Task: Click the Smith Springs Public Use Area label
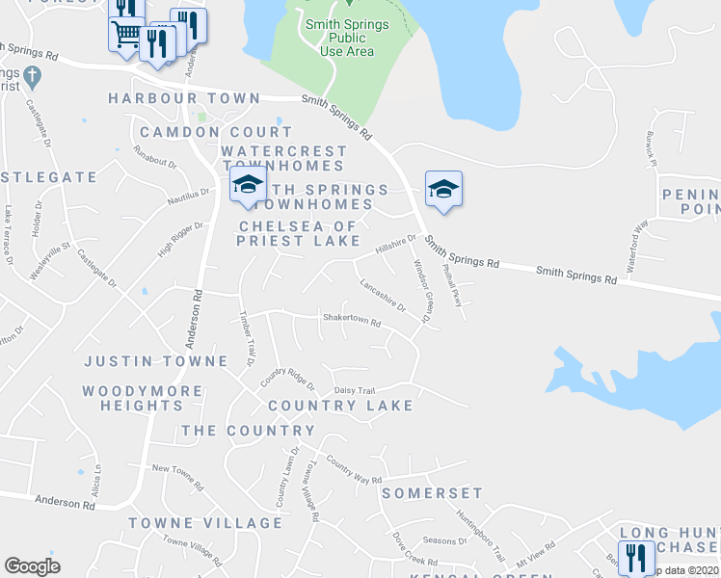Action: coord(347,37)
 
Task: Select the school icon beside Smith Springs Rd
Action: coord(443,188)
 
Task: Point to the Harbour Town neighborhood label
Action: coord(184,98)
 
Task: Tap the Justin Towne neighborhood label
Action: coord(155,361)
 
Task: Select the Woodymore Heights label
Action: coord(143,398)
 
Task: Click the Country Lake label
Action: coord(340,406)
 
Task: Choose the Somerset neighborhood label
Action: coord(432,492)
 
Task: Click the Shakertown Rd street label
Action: coord(353,318)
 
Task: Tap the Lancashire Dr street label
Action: coord(383,294)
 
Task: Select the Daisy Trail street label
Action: coord(354,390)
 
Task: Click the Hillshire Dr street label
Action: coord(395,245)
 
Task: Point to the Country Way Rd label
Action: coord(354,470)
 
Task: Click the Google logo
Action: coord(32,566)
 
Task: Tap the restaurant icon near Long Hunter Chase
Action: coord(635,557)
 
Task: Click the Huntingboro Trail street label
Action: coord(481,535)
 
